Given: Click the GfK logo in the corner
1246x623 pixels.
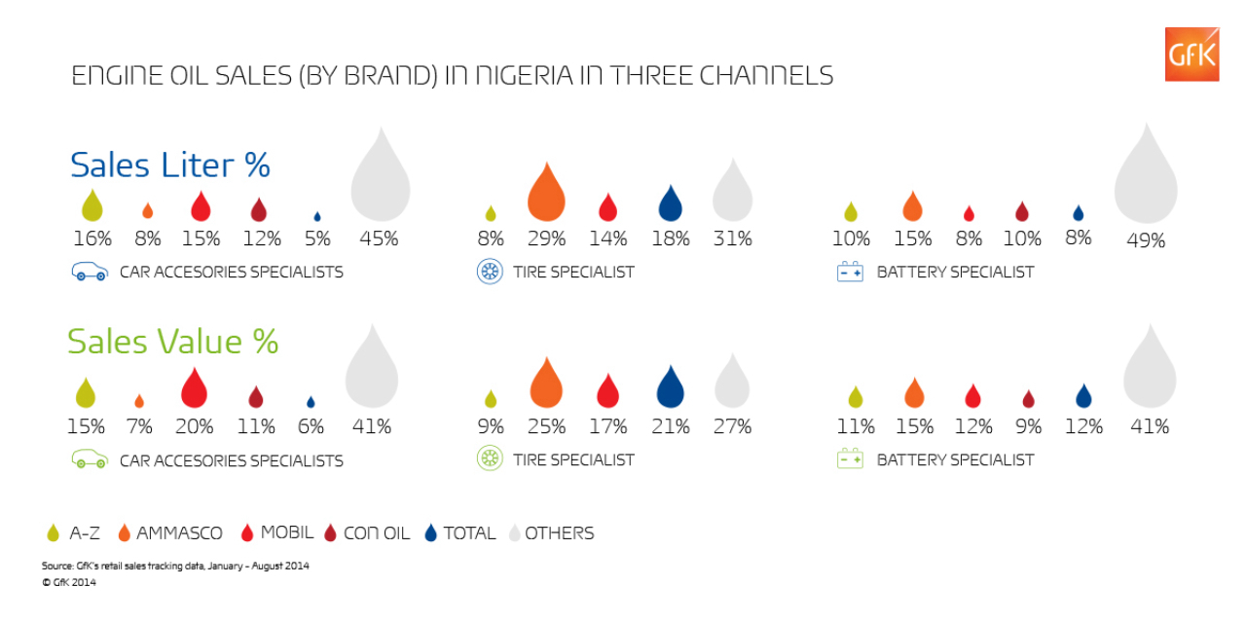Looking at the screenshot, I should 1191,55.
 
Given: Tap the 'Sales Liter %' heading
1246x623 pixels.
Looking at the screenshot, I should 169,165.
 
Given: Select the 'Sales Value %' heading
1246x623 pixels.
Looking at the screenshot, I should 172,342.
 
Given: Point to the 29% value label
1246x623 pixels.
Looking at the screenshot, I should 546,238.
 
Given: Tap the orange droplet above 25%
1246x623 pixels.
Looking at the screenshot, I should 546,383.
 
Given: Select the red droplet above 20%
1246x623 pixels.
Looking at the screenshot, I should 195,388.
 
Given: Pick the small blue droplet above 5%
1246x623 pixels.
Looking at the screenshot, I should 316,216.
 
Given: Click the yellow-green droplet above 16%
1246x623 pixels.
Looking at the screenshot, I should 92,205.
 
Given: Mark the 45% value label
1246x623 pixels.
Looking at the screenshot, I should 379,238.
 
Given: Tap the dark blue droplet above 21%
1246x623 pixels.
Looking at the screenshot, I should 670,387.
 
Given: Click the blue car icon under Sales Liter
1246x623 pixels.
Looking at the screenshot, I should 88,273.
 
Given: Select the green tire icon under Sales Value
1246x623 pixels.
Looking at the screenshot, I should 489,459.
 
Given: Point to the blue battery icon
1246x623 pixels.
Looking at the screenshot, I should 850,273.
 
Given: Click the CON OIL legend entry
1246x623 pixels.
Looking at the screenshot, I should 366,533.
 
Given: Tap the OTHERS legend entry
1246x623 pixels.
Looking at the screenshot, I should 549,533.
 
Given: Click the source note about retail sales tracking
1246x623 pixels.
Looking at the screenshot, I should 175,566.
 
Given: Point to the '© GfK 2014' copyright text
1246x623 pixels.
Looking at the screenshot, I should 68,583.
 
